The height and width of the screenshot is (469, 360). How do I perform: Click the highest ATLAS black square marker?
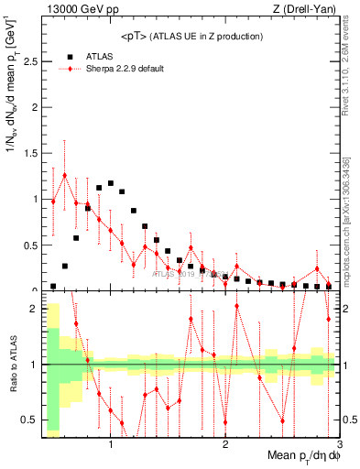tap(111, 183)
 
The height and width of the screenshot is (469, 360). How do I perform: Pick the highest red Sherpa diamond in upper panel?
tap(65, 175)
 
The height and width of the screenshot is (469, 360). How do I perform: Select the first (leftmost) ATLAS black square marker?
tap(53, 286)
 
